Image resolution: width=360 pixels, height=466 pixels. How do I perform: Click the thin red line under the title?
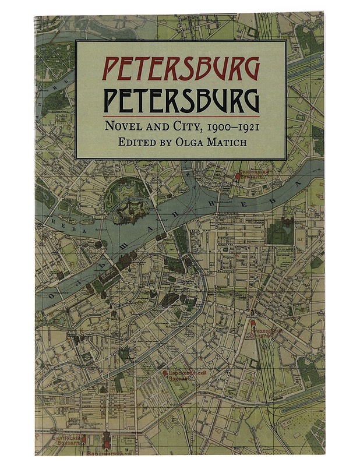[181, 116]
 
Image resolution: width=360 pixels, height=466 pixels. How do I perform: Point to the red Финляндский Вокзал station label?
[257, 172]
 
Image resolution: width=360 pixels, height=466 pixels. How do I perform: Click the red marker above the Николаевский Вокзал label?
[253, 322]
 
